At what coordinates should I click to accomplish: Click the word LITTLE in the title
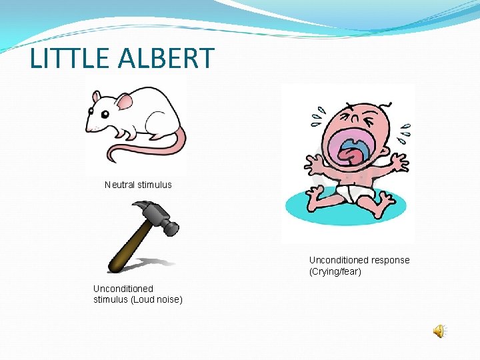coord(69,58)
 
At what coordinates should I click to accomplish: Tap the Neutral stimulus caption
coord(138,185)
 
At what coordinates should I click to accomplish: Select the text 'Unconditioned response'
coord(359,260)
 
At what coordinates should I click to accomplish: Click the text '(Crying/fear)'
coord(335,271)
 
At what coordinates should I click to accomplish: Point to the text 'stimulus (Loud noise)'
coord(138,299)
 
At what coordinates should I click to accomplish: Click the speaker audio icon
coord(439,331)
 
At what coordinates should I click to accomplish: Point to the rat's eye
coord(104,114)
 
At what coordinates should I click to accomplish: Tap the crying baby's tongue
coord(349,154)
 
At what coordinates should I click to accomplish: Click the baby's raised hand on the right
coord(398,162)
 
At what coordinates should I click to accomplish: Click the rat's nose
coord(88,126)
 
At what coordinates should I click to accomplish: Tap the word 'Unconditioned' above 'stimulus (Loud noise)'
coord(123,289)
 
